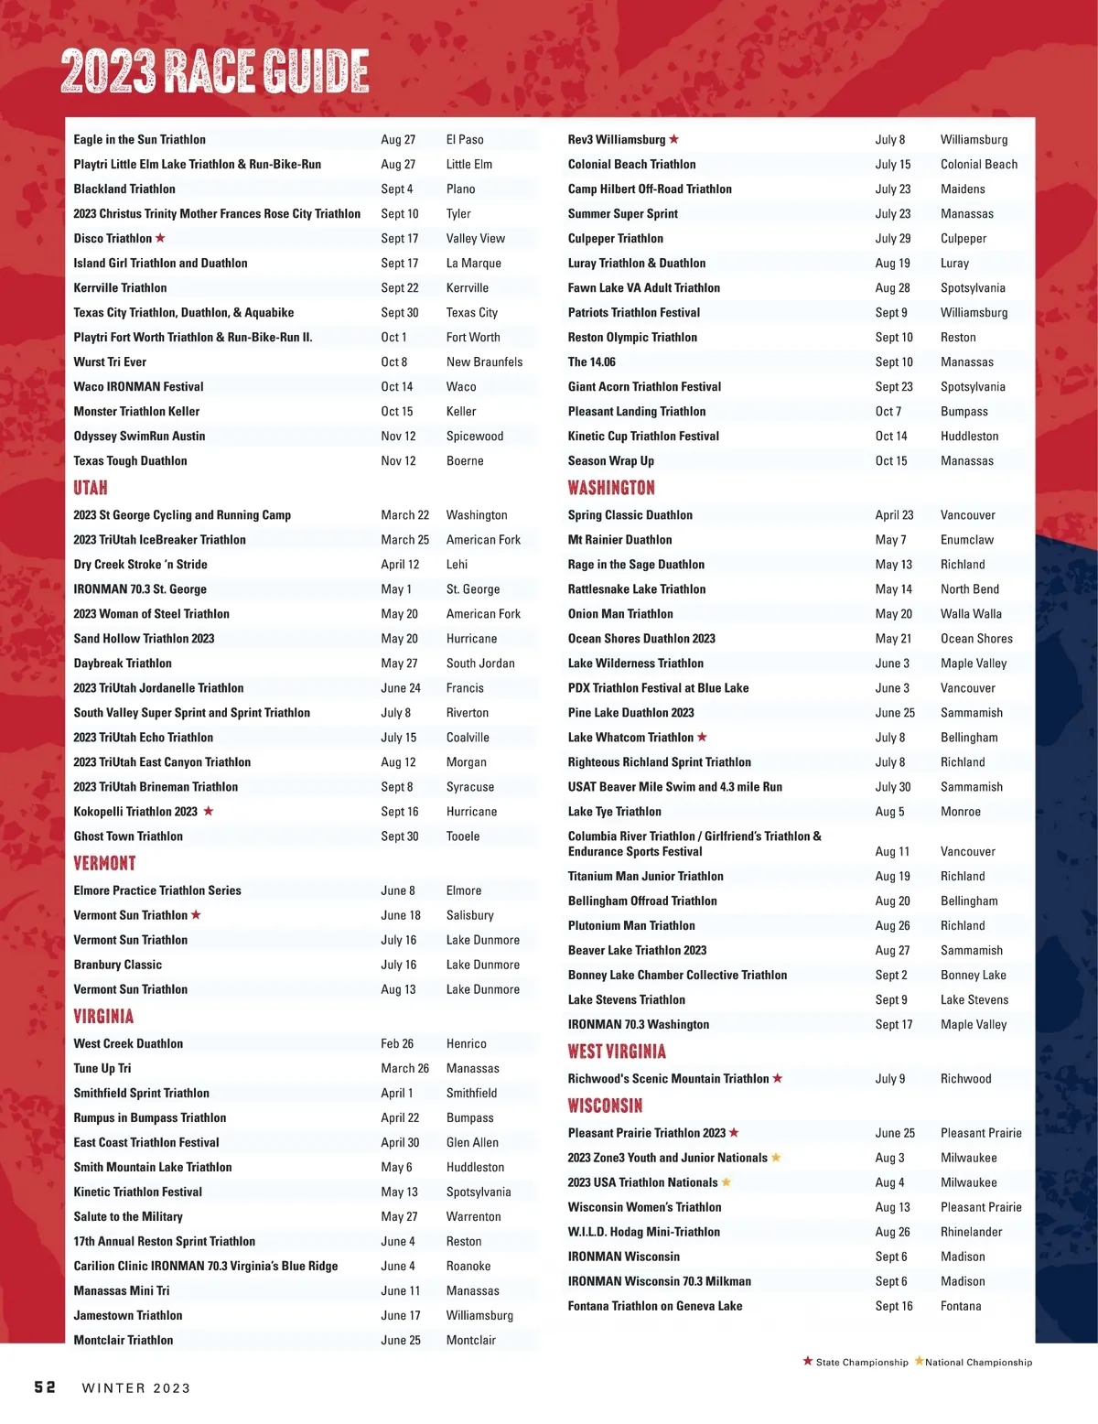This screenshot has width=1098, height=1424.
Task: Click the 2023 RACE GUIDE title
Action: coord(215,71)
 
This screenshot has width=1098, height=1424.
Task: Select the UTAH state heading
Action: coord(91,488)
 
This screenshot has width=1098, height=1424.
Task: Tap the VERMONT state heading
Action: coord(104,863)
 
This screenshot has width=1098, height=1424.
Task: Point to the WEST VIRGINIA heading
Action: coord(617,1052)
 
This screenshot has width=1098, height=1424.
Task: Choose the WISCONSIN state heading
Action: coord(605,1106)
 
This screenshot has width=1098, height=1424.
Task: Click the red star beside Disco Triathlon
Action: coord(160,238)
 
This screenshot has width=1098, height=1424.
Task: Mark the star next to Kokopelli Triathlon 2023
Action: coord(209,811)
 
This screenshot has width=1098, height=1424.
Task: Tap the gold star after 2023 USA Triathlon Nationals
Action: coord(727,1182)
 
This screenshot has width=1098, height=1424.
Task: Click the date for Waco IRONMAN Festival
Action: coord(397,387)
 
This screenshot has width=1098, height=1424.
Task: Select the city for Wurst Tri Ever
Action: coord(484,362)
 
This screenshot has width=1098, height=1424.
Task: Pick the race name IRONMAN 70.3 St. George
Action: coord(140,589)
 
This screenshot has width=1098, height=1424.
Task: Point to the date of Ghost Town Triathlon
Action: coord(400,836)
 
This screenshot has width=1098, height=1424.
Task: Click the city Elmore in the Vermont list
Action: coord(464,890)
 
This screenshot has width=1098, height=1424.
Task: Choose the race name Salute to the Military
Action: coord(128,1217)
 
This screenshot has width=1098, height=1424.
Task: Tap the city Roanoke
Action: coord(468,1267)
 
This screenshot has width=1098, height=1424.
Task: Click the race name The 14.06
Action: coord(592,362)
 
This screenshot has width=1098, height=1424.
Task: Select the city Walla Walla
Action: coord(971,614)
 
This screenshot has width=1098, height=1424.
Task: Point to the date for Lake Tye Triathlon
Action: coord(889,812)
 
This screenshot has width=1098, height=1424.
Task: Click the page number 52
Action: coord(45,1387)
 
